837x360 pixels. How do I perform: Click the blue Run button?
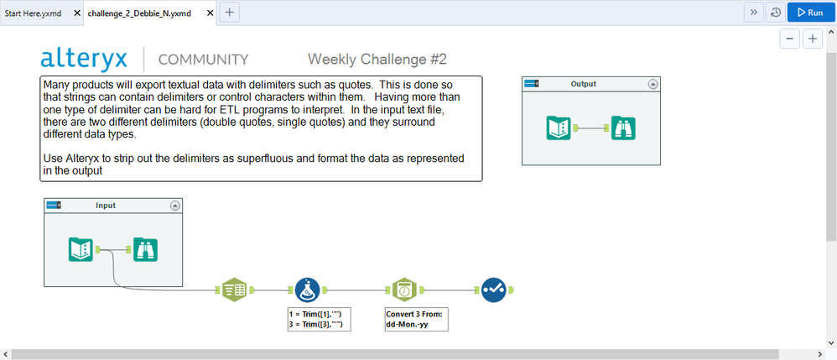(811, 13)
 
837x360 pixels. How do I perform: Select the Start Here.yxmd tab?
(33, 13)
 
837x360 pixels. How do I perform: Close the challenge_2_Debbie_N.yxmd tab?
(209, 13)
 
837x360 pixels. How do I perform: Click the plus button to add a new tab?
(229, 13)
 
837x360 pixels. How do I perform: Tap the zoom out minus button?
(789, 39)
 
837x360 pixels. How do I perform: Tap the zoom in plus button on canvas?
(813, 39)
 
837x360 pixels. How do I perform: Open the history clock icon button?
(776, 13)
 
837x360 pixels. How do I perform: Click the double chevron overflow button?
(754, 13)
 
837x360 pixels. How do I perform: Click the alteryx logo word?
(84, 59)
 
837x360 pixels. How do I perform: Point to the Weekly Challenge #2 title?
(377, 60)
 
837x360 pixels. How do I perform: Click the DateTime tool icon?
(404, 290)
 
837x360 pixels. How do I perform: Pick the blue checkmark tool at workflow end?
(493, 290)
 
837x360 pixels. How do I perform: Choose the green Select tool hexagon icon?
(234, 290)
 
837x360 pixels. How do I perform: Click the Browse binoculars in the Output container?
(623, 128)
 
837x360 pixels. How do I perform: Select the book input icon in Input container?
(81, 249)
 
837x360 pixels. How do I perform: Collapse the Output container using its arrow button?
(652, 84)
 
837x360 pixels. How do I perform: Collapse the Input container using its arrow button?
(174, 206)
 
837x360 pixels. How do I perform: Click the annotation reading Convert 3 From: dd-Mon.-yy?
(416, 319)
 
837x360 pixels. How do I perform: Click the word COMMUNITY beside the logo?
(203, 60)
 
